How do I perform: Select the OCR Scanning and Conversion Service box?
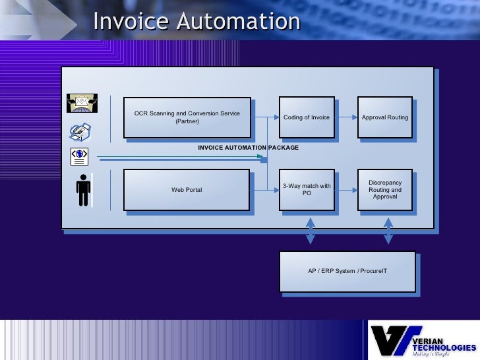point(187,117)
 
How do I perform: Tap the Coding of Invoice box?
point(306,117)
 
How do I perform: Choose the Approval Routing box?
point(385,117)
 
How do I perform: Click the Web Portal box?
point(187,190)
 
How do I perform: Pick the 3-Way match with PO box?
point(306,190)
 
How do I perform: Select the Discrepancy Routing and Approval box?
point(385,190)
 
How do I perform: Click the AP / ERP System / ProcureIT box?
point(347,271)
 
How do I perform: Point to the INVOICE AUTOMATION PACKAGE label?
point(248,148)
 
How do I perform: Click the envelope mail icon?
point(82,102)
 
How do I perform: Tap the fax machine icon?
point(80,131)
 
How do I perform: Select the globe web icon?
point(80,155)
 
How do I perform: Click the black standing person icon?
point(83,191)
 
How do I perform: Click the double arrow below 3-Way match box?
point(309,231)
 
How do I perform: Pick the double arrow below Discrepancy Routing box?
point(388,231)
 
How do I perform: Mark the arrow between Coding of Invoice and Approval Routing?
point(346,118)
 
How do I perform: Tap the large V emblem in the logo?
point(390,340)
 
